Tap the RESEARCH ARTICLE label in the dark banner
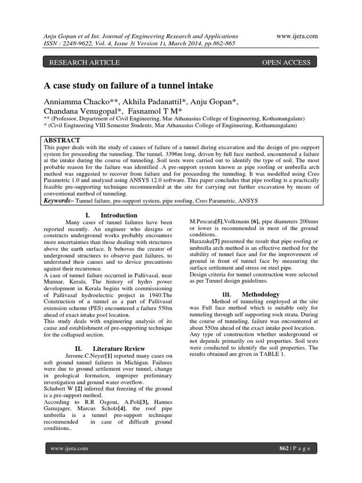point(81,62)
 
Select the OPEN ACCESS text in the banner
point(286,62)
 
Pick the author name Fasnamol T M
point(153,111)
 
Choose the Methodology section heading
point(261,294)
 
